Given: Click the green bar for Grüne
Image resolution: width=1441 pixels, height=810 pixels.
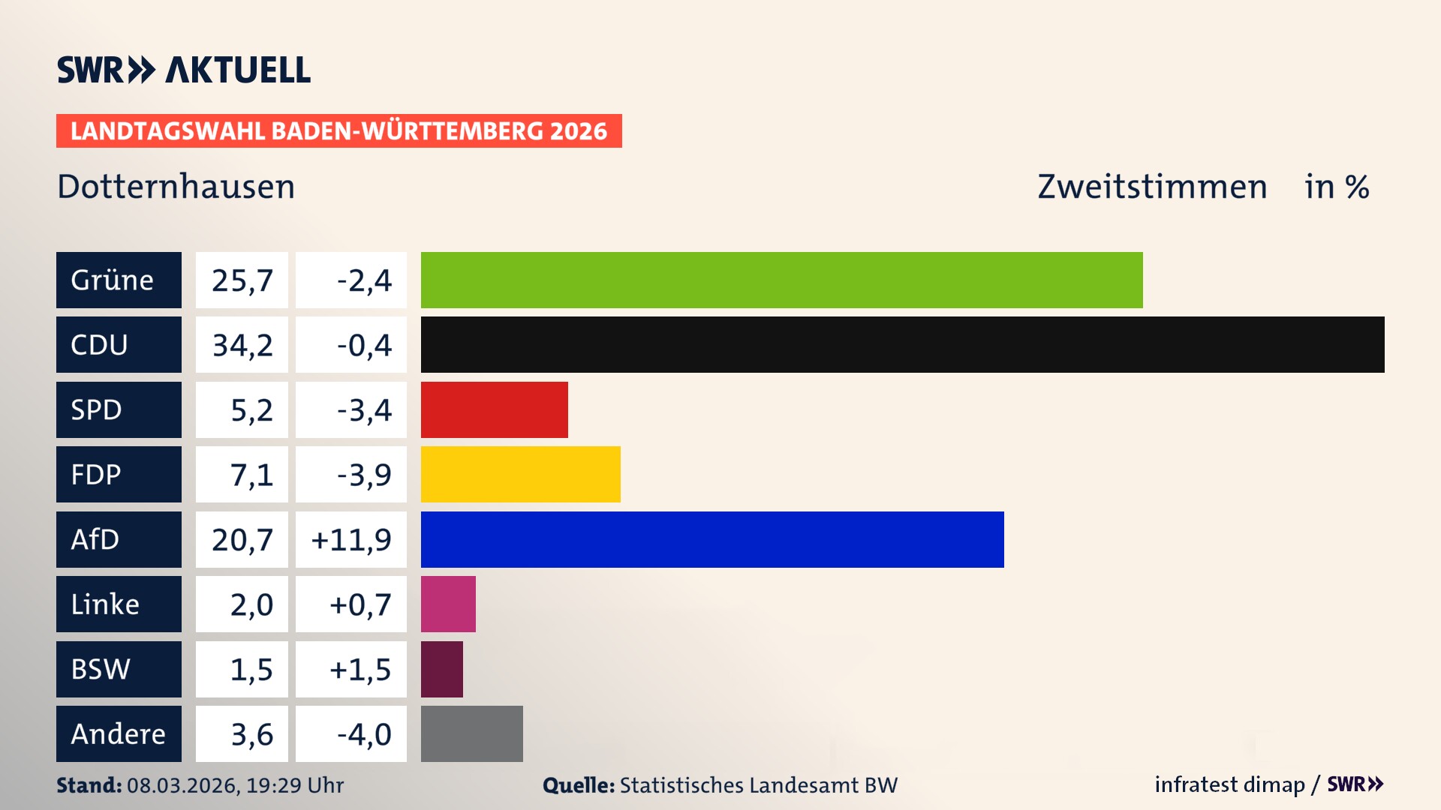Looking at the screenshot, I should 781,280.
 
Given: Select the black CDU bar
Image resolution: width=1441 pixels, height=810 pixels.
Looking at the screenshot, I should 902,344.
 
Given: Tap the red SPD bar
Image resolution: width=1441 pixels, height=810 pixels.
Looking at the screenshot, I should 494,409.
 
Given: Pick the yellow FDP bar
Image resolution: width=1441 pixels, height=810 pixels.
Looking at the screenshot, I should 520,474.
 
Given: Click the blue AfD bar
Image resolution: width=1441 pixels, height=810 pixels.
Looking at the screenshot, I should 711,539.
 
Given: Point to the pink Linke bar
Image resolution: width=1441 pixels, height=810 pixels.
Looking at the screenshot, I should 448,604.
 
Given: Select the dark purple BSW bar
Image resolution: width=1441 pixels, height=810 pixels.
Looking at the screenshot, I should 441,669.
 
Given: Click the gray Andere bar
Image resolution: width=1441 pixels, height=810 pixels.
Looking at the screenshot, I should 471,733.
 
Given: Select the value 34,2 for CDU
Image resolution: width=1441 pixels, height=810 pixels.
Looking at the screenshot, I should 242,345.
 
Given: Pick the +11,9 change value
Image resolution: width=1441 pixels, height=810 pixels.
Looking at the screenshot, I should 351,539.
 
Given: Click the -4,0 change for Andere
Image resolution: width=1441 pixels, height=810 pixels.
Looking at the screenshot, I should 363,733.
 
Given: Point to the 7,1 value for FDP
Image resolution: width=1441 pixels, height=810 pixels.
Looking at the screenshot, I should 251,474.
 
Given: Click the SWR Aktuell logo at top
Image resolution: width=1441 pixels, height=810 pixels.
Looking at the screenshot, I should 183,70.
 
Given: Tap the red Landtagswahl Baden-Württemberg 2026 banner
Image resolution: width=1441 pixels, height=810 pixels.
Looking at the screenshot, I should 338,130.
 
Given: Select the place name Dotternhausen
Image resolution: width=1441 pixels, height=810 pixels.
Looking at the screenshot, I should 176,187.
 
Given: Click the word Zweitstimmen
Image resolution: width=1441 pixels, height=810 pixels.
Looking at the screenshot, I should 1152,187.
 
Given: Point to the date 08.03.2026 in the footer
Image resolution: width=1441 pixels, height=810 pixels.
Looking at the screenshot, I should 183,785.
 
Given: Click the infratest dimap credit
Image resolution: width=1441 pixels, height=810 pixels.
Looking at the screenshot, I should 1229,784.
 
